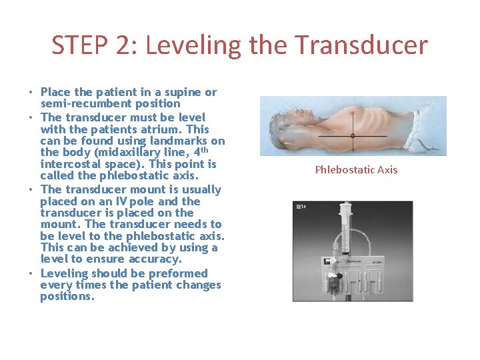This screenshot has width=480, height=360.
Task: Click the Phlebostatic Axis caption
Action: [356, 169]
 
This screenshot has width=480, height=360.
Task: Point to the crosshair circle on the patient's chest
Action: [353, 135]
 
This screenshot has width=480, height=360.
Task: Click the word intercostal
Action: [67, 164]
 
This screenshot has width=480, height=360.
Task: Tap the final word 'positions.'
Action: [67, 296]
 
